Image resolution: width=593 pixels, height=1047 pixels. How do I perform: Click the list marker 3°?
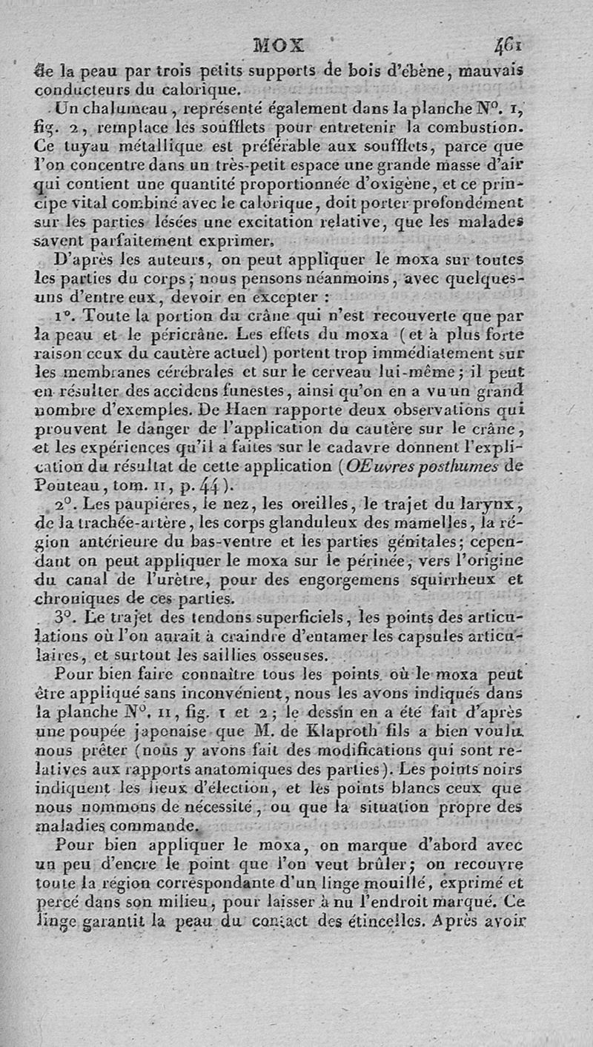64,616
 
